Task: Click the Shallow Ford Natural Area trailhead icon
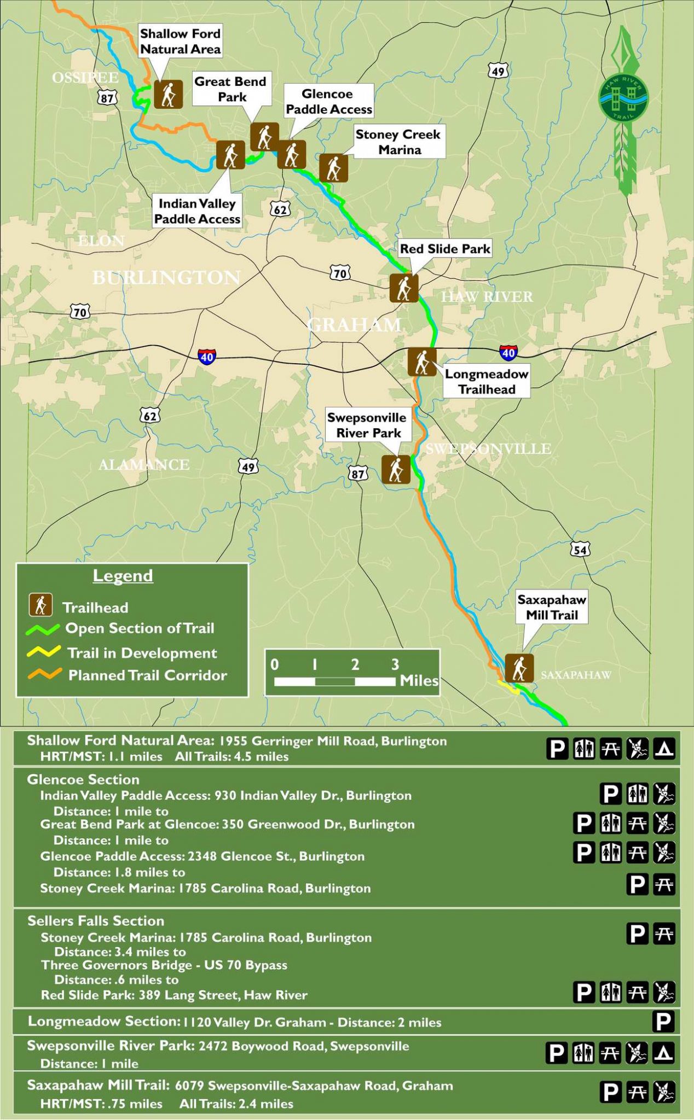tap(168, 94)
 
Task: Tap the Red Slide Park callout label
tap(445, 249)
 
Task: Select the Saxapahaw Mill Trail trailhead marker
tap(519, 668)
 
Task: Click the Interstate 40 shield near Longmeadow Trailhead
tap(508, 353)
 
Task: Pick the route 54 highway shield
tap(580, 549)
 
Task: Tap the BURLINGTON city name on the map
tap(166, 278)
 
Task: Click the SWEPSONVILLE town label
tap(488, 449)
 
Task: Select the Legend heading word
tap(123, 576)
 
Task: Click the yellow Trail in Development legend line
tap(43, 651)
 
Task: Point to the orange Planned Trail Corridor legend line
tap(43, 674)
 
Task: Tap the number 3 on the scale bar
tap(395, 664)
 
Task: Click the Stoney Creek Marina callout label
tap(398, 142)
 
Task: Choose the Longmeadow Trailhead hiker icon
tap(422, 361)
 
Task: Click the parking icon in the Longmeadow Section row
tap(663, 1021)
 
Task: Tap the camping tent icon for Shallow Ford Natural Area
tap(664, 748)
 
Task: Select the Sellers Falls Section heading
tap(96, 921)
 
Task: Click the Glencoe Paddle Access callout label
tap(328, 101)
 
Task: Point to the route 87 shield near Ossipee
tap(107, 98)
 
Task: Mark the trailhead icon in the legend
tap(41, 605)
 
